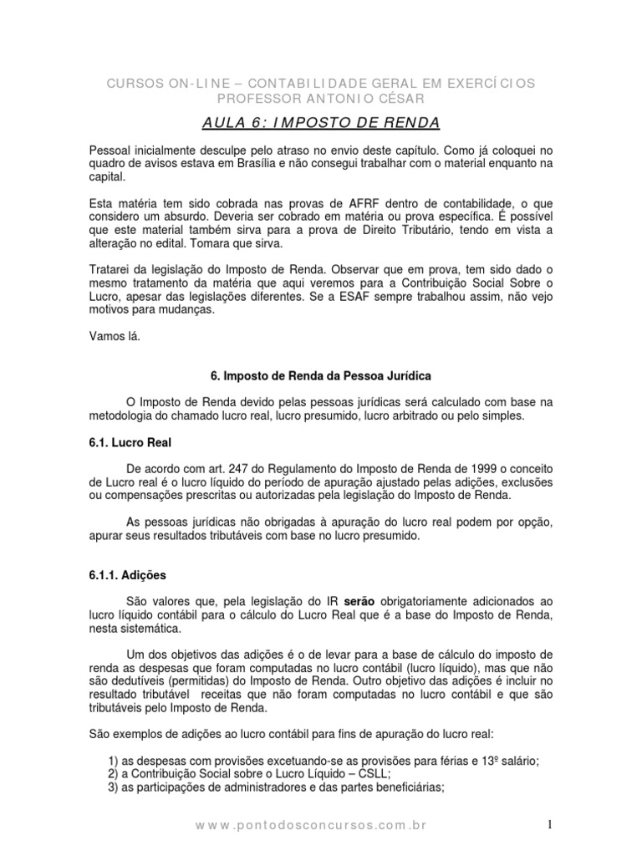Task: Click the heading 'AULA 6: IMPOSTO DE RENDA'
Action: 321,124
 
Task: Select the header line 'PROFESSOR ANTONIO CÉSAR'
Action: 321,99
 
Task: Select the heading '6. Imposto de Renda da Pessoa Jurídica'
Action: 321,377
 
